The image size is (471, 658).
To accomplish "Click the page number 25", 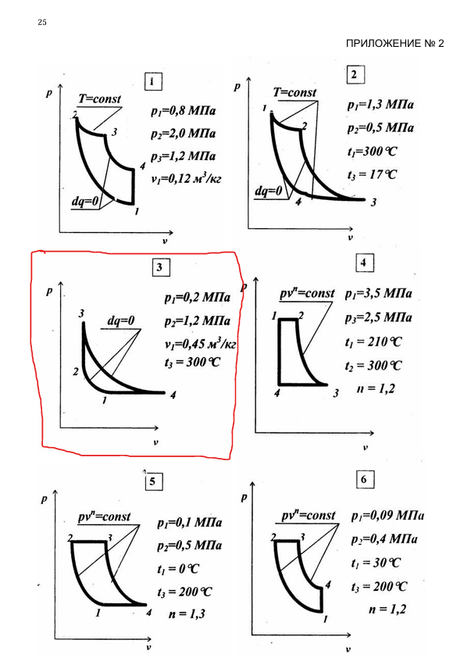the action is tap(42, 22).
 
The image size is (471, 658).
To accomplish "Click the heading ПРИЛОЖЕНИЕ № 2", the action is tap(394, 43).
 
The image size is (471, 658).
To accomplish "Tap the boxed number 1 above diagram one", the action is tap(152, 81).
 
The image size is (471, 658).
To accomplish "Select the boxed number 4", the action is tap(363, 263).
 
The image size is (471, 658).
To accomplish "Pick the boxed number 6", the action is tap(364, 479).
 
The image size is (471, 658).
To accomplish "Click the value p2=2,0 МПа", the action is tap(184, 134).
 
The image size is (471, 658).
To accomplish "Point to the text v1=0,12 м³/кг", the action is tap(186, 178).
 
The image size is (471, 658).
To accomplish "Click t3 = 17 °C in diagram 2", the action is tap(372, 174).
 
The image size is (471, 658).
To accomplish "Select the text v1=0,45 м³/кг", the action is tap(201, 344).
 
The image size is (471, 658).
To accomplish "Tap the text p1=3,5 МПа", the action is tap(378, 294).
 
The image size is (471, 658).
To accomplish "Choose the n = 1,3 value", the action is tap(187, 614).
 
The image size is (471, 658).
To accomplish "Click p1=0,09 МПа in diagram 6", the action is tap(387, 515).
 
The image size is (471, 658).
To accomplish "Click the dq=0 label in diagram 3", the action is tap(121, 321).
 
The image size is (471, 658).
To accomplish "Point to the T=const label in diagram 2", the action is tap(294, 92).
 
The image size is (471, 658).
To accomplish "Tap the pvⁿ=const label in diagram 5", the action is tap(105, 517).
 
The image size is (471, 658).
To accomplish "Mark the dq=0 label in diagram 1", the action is tap(84, 202).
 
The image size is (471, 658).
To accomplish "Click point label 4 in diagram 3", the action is tap(173, 395).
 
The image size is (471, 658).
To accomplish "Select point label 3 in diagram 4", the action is tap(336, 393).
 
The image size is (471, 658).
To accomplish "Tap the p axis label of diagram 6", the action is tap(244, 498).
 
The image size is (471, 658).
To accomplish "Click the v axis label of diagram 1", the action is tap(165, 241).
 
